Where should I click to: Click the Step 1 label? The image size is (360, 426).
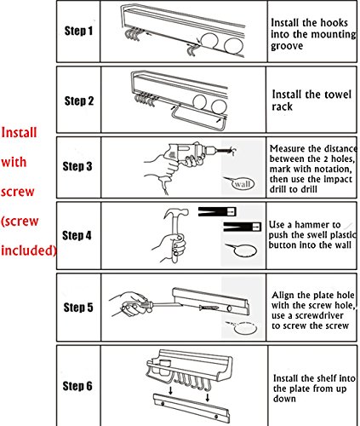click(78, 31)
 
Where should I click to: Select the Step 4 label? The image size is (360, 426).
click(77, 235)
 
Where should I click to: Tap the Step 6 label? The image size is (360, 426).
click(77, 386)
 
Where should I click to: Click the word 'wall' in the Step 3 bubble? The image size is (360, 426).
click(243, 184)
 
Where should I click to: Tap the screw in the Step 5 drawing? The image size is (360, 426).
click(209, 308)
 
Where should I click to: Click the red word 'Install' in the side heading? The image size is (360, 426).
click(19, 133)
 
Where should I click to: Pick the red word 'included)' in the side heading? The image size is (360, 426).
click(29, 250)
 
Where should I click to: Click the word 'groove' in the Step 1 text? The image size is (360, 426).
click(287, 46)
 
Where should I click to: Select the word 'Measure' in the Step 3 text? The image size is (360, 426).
click(288, 148)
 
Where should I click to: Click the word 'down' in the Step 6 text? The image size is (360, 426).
click(284, 399)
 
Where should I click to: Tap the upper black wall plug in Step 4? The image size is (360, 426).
click(217, 211)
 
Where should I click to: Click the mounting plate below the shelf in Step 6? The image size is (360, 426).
click(191, 408)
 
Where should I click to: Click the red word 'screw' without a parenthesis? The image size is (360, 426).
click(18, 192)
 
